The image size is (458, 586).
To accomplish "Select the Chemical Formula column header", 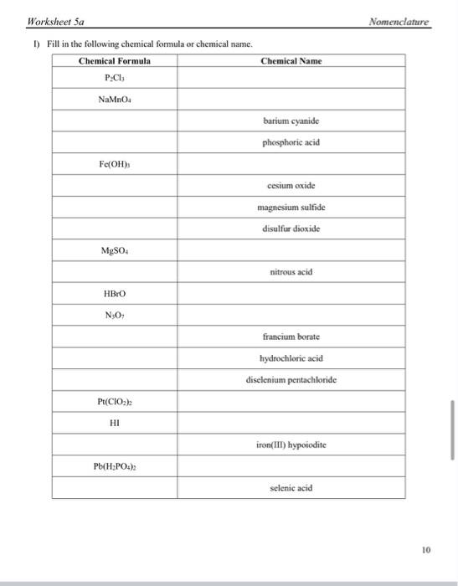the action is point(115,61).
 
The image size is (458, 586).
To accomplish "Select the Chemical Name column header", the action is point(291,61).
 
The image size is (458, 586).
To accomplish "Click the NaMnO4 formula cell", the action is point(115,100).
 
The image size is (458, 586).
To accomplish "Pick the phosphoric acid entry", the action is point(291,141).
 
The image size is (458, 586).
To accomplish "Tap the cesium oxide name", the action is point(291,187).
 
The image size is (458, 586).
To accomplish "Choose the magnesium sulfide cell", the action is point(291,207).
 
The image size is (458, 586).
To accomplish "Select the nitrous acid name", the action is point(291,272).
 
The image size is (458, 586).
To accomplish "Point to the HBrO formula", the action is point(115,293).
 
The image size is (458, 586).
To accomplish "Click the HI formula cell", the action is point(115,423).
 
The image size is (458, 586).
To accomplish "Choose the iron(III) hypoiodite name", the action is point(291,445).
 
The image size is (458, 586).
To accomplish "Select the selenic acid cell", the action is point(291,487).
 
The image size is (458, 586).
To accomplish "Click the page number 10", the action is point(425,552).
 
